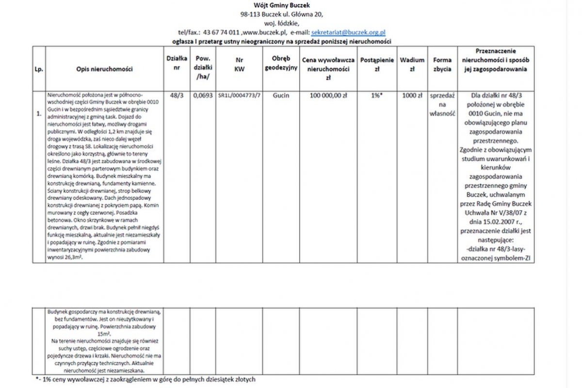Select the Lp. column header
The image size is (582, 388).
pos(39,69)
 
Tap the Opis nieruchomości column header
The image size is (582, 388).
pos(104,69)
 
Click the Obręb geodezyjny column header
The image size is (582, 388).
pos(281,64)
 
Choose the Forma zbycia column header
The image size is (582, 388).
pos(442,65)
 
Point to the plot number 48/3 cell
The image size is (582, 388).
pos(177,96)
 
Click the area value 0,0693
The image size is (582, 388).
pos(202,96)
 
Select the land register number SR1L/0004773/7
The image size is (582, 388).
pos(240,96)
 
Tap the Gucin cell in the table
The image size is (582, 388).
pos(281,96)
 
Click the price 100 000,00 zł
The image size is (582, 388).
pos(328,96)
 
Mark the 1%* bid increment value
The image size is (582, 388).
pos(376,96)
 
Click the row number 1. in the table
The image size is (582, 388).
pos(38,114)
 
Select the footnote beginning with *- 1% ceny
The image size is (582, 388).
pos(145,379)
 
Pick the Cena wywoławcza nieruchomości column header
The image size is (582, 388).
pos(328,68)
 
